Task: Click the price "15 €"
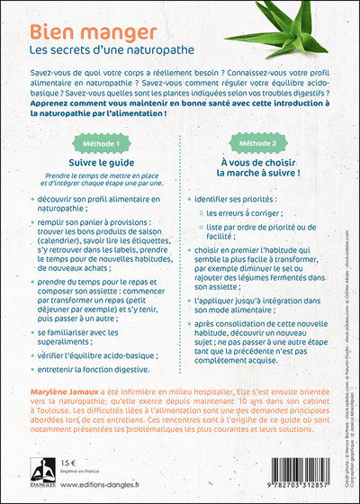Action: coord(68,474)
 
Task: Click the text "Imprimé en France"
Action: coord(81,484)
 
